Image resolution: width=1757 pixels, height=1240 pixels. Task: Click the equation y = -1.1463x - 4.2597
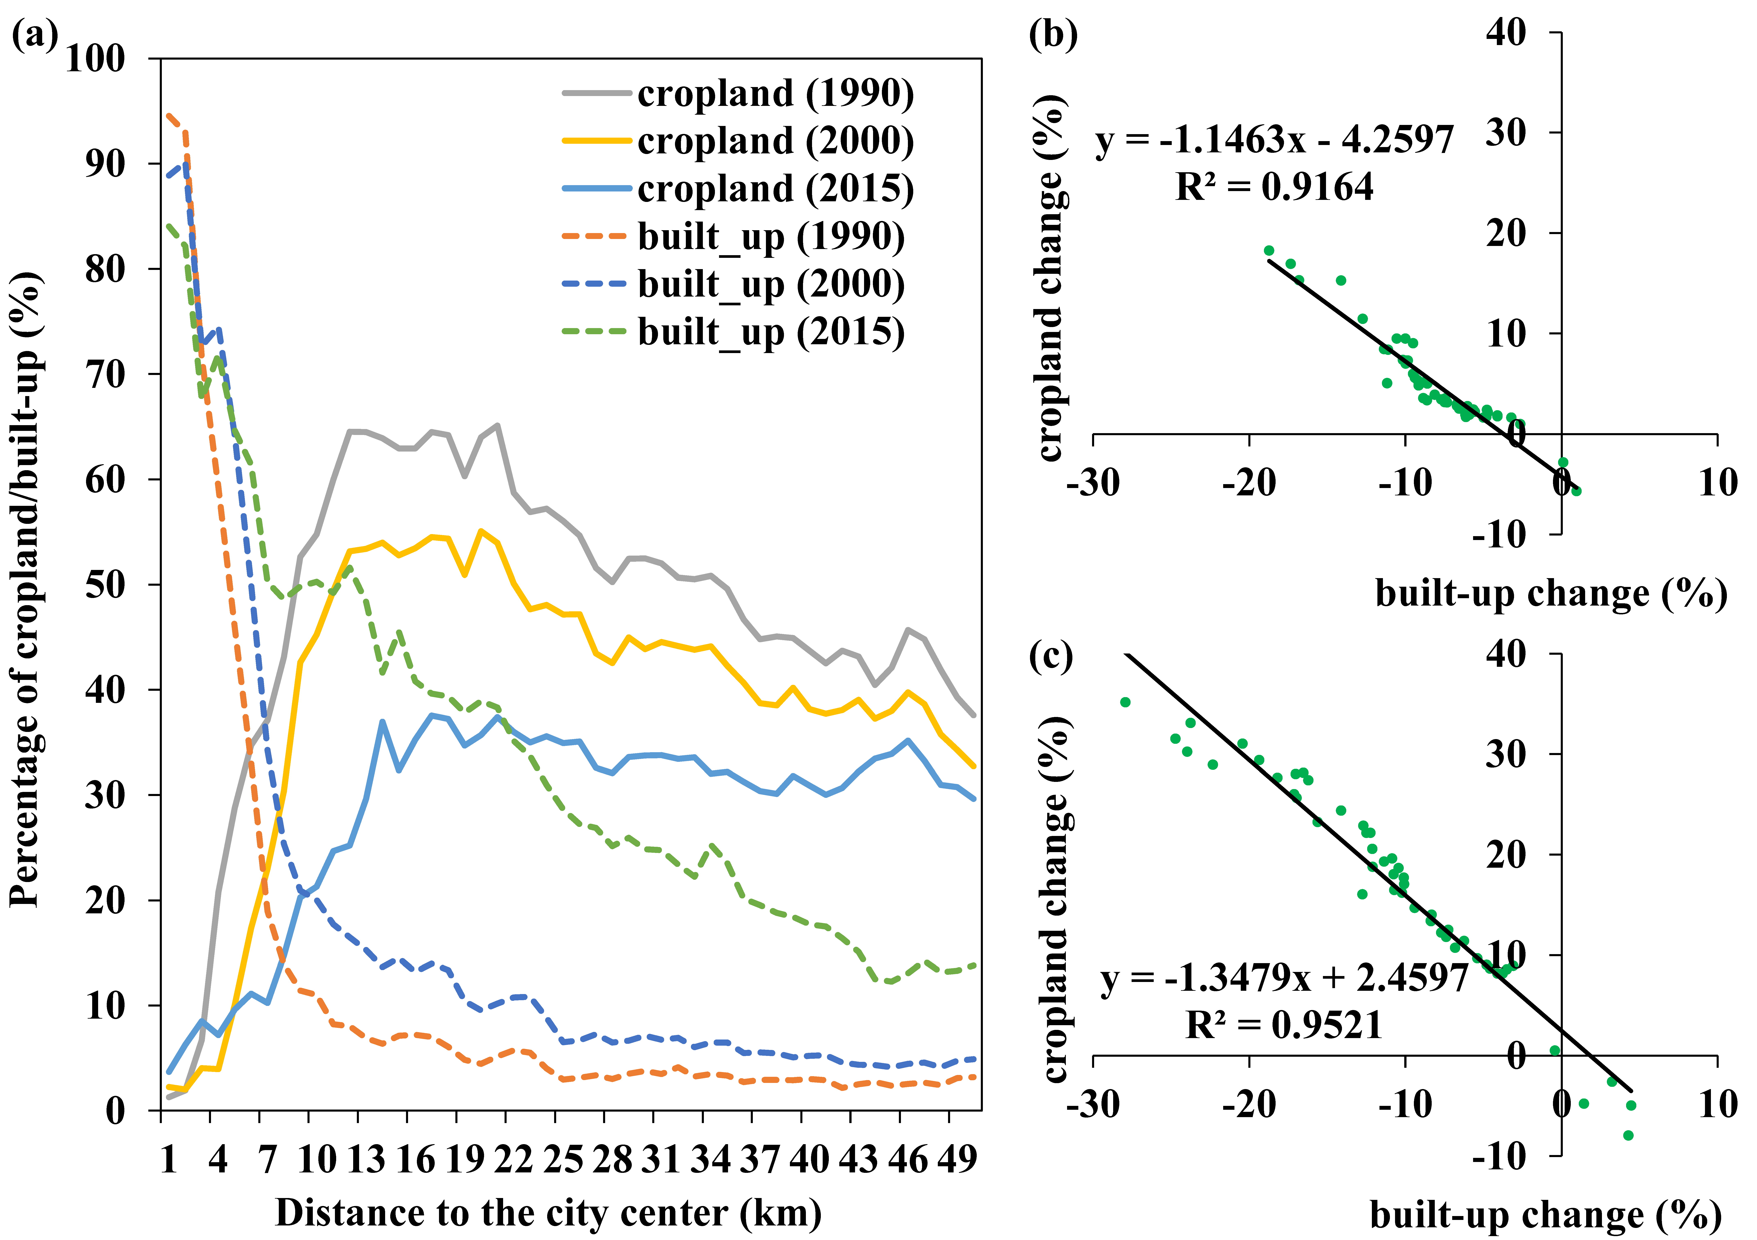point(1274,140)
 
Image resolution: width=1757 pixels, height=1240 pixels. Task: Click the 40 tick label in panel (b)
point(1506,33)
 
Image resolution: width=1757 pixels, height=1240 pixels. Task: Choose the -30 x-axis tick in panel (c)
point(1093,1105)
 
